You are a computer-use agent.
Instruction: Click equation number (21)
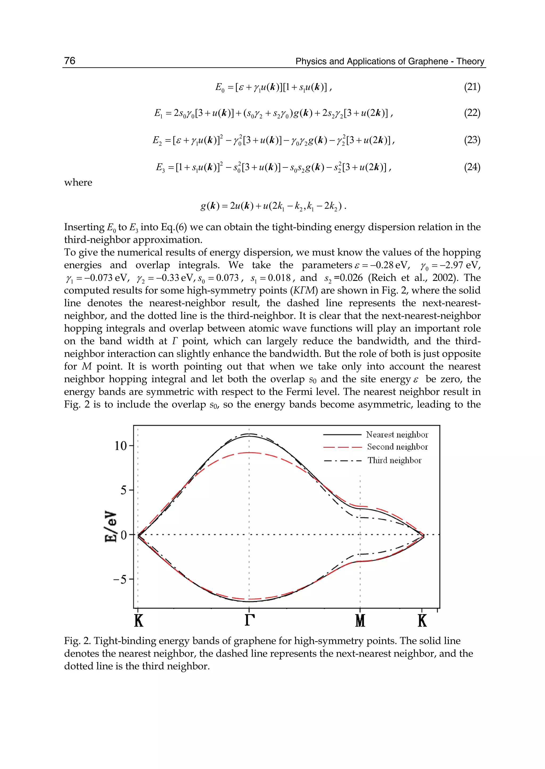(472, 87)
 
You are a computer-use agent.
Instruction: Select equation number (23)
(472, 140)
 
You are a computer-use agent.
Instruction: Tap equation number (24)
(472, 167)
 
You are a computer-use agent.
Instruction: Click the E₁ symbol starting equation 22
(158, 113)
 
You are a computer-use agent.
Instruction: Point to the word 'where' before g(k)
(78, 183)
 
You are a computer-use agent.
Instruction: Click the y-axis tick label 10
(121, 446)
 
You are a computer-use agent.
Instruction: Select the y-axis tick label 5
(124, 490)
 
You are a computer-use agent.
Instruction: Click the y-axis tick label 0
(124, 535)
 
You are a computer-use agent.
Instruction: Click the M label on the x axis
(360, 621)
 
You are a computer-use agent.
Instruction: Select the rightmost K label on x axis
(422, 621)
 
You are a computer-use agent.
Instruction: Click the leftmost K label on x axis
(139, 621)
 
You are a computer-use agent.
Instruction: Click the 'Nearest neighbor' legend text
(397, 435)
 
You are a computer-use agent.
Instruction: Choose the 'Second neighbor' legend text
(397, 447)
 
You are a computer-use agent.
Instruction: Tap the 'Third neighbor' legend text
(394, 460)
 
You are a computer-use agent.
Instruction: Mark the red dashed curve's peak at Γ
(249, 453)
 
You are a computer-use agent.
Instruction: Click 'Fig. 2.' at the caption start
(77, 641)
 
